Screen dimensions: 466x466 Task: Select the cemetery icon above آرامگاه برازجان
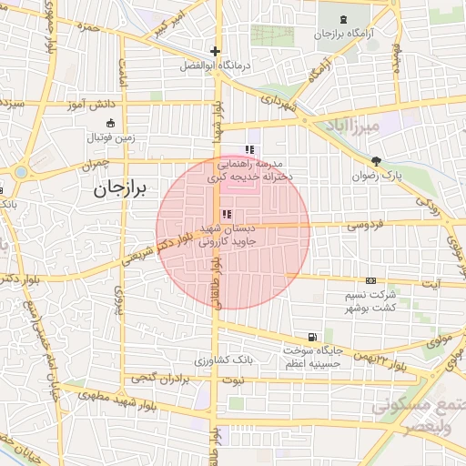coord(342,20)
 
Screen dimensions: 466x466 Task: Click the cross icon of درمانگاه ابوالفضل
coord(215,52)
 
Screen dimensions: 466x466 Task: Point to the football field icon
coord(111,123)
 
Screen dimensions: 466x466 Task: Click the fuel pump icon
coord(314,336)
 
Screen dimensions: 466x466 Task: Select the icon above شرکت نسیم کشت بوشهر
coord(370,280)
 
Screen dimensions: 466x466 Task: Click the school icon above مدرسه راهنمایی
coord(248,149)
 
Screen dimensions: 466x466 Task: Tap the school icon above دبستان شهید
coord(227,213)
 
